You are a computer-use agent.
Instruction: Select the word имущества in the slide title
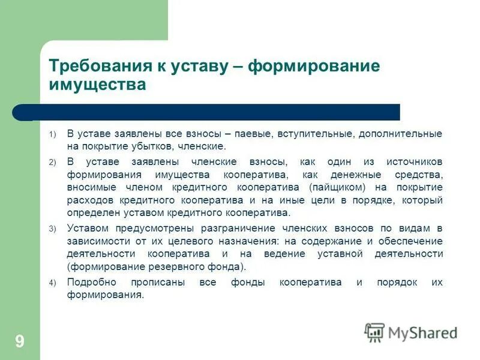point(97,85)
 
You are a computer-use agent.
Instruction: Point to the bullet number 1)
point(52,134)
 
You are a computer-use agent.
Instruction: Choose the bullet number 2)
point(52,163)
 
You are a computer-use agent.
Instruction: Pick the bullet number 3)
point(52,228)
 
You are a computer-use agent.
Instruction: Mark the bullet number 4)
point(52,283)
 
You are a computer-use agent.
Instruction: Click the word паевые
point(254,133)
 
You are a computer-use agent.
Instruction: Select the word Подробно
point(89,283)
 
